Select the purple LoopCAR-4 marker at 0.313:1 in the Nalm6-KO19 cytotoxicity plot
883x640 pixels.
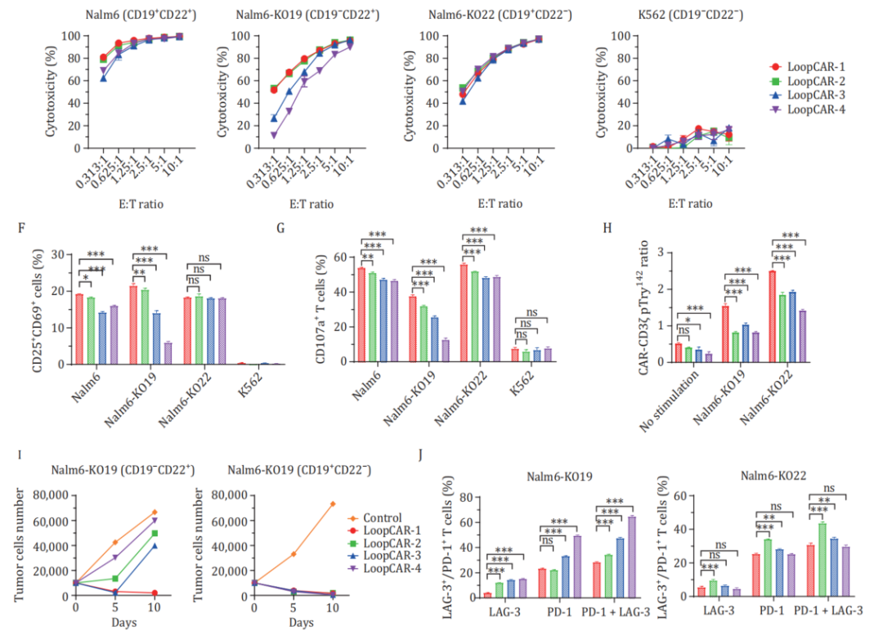coord(273,135)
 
